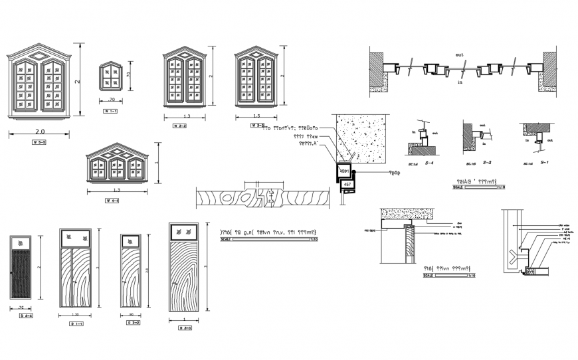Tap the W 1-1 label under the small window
pyautogui.click(x=110, y=111)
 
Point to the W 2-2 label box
pyautogui.click(x=180, y=126)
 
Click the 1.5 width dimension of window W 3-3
pyautogui.click(x=256, y=116)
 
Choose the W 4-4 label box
pyautogui.click(x=112, y=201)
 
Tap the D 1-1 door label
pyautogui.click(x=78, y=323)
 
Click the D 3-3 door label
pyautogui.click(x=185, y=328)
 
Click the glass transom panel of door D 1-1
pyautogui.click(x=74, y=237)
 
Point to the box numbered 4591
pyautogui.click(x=343, y=171)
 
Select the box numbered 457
pyautogui.click(x=346, y=184)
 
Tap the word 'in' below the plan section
pyautogui.click(x=459, y=82)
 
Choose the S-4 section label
pyautogui.click(x=430, y=163)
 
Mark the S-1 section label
pyautogui.click(x=544, y=163)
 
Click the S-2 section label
pyautogui.click(x=487, y=163)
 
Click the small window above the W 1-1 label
pyautogui.click(x=110, y=76)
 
